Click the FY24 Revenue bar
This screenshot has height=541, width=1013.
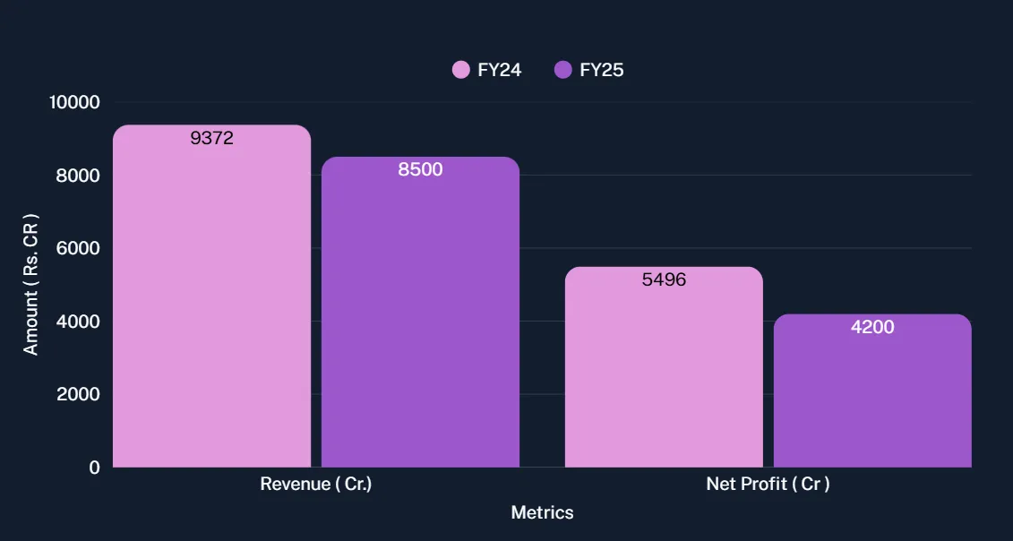coord(211,305)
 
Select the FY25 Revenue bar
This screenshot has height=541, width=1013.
coord(420,322)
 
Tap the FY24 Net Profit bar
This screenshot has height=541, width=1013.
coord(664,376)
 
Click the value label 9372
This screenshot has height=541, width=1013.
coord(212,138)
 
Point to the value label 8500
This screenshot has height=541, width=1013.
coord(420,169)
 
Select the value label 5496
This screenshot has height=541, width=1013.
coord(664,279)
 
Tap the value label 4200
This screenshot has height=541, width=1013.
coord(872,327)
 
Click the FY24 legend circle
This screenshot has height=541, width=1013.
coord(461,70)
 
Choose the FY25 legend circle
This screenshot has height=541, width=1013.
coord(563,70)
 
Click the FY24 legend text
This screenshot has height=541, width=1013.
coord(500,70)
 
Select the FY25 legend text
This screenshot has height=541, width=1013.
coord(602,70)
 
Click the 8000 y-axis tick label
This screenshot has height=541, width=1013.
coord(77,176)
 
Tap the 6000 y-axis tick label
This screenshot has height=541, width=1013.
coord(77,248)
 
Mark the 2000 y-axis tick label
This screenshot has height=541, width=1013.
coord(77,394)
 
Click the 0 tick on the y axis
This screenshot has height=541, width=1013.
coord(94,468)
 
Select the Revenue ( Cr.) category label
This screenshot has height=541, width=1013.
coord(315,485)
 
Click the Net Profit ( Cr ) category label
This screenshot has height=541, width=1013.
coord(768,485)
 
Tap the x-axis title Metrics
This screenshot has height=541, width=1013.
coord(542,513)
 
